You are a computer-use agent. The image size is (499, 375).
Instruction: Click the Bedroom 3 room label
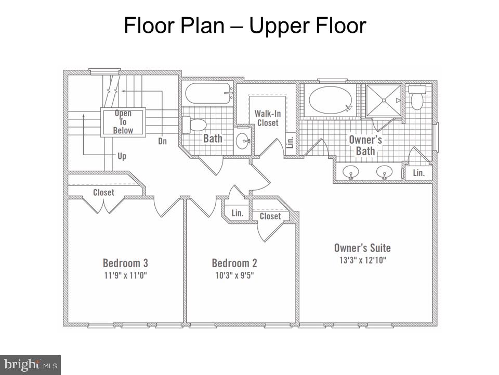(125, 263)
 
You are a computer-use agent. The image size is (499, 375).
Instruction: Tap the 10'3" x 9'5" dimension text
(234, 276)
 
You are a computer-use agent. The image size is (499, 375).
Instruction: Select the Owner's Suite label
(362, 248)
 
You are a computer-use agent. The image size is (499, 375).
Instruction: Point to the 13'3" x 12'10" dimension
(362, 260)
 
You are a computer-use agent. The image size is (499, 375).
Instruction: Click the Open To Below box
(123, 122)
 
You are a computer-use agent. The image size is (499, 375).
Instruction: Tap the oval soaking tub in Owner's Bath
(331, 100)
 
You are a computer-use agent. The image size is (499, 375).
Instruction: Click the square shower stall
(384, 100)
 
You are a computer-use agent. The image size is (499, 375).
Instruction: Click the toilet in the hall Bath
(194, 124)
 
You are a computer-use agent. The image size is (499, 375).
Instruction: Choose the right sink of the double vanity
(385, 171)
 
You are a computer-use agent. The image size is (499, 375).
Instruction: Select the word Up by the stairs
(122, 156)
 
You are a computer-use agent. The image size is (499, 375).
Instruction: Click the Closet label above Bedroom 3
(103, 193)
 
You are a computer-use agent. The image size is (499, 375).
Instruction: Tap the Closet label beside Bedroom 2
(270, 216)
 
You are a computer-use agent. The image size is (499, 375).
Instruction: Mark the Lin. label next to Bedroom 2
(238, 213)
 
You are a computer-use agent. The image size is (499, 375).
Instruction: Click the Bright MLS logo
(30, 364)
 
